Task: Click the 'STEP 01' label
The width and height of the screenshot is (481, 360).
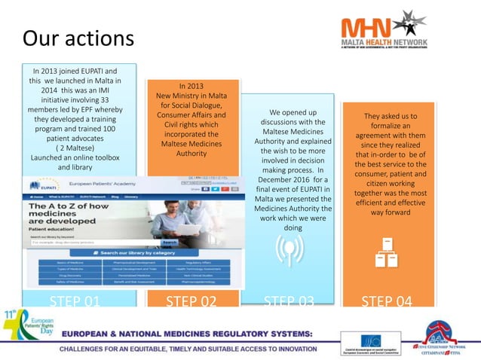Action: (x=75, y=301)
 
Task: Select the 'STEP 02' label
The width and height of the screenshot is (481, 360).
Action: (x=191, y=301)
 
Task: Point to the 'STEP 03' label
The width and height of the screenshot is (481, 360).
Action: (x=290, y=301)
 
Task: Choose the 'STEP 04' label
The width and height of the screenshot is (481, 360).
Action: (x=387, y=301)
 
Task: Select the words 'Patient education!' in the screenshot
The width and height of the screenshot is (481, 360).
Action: (x=54, y=228)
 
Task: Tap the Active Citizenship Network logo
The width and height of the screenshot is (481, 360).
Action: (x=446, y=335)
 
